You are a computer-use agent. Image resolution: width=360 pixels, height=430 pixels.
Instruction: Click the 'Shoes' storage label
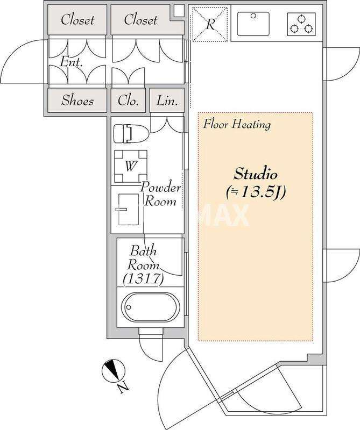(77, 101)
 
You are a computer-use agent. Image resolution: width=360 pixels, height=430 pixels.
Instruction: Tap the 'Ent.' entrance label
(71, 62)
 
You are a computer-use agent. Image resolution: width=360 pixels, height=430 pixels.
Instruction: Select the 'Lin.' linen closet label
(167, 101)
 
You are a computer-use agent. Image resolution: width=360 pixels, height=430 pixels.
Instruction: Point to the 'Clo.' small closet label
(128, 101)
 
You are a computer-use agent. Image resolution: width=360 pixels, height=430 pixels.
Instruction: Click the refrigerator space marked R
(210, 24)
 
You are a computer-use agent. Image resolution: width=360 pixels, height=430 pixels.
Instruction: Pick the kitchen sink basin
(253, 24)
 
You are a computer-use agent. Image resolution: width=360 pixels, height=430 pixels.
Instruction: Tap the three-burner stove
(301, 24)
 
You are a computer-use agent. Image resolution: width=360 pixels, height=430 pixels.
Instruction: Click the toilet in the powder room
(131, 134)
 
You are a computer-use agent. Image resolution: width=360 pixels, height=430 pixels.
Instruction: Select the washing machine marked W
(131, 167)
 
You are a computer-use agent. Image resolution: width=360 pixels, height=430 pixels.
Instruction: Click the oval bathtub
(151, 306)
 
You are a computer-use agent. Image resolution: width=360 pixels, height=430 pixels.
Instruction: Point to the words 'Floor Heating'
(237, 125)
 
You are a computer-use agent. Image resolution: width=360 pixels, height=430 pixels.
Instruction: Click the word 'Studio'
(255, 174)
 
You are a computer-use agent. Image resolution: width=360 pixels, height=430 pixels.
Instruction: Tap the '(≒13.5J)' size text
(256, 193)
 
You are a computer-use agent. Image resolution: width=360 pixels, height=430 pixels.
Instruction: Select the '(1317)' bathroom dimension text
(143, 279)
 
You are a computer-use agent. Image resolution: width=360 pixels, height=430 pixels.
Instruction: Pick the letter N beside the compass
(123, 387)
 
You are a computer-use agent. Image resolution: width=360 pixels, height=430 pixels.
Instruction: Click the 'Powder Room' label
(161, 195)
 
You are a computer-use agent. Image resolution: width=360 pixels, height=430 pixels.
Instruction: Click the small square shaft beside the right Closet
(179, 11)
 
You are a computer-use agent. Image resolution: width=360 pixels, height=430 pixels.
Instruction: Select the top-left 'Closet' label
(77, 20)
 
